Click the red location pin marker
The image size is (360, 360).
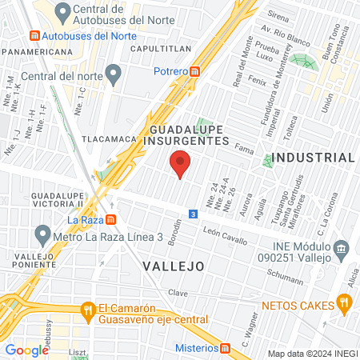pos(180,164)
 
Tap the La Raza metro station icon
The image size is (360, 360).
pos(112,220)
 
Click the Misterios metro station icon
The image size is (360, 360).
pos(226,348)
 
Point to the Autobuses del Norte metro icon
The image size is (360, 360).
pos(34,36)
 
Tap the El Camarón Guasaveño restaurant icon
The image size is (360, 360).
pos(87,308)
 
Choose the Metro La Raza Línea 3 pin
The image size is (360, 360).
pos(42,236)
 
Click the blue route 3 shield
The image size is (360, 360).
pos(193,214)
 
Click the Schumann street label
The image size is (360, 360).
pos(286,278)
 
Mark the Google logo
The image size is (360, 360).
pos(27,350)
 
